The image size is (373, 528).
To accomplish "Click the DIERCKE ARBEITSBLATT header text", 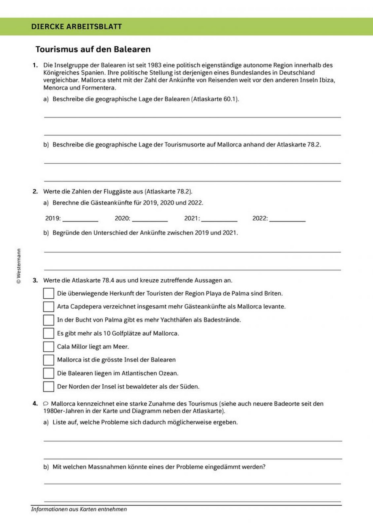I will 76,26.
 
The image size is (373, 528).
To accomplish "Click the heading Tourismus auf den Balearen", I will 93,49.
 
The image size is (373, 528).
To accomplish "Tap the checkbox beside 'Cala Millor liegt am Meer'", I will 48,346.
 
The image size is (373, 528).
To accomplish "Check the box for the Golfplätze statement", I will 48,333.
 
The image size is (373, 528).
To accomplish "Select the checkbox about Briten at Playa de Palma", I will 48,293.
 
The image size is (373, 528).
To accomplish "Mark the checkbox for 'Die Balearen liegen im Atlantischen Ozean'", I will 48,373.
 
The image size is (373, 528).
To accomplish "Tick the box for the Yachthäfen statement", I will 48,320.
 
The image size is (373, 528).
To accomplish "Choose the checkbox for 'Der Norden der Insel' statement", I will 48,386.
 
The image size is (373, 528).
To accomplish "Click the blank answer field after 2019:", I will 80,218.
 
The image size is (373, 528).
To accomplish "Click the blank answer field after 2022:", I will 287,218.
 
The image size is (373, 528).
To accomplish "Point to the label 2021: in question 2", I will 192,218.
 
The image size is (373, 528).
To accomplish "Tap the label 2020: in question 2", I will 122,218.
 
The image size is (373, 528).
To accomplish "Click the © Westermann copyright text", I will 19,266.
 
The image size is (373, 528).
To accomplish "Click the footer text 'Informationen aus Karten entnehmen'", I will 79,509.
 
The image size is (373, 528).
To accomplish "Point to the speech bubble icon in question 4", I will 46,403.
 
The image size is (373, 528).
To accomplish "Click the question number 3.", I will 35,280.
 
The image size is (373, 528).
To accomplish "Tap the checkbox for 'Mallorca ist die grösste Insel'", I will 48,360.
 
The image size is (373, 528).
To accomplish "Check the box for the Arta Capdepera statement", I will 48,307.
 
